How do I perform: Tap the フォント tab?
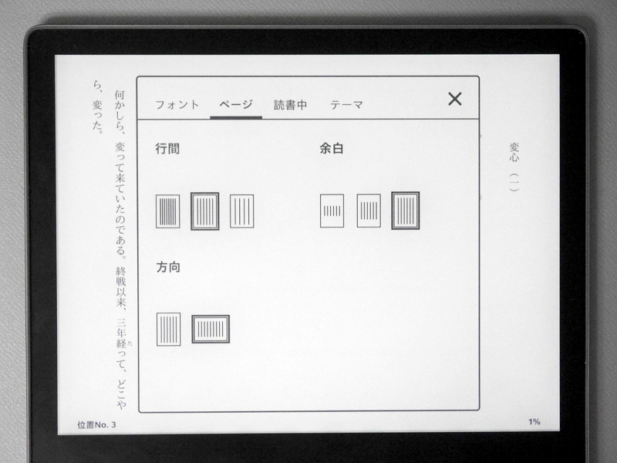click(177, 105)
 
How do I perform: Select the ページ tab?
click(236, 105)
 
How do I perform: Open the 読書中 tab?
click(291, 105)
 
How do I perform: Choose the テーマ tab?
click(346, 105)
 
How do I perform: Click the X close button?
click(455, 100)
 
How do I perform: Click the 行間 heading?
click(167, 148)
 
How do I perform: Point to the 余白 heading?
click(332, 148)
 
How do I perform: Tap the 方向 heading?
click(168, 267)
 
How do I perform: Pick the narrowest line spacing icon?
click(167, 211)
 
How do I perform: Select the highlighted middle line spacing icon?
click(204, 211)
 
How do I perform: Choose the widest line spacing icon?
click(241, 211)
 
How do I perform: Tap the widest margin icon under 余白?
click(332, 211)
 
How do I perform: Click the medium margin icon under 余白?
click(369, 211)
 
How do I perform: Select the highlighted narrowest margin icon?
click(406, 211)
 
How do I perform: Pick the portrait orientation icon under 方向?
click(168, 330)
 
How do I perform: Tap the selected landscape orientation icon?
click(211, 330)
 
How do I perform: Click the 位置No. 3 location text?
click(97, 425)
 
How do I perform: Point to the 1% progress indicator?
click(534, 422)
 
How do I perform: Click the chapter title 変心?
click(514, 153)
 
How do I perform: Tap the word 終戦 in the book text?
click(121, 277)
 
